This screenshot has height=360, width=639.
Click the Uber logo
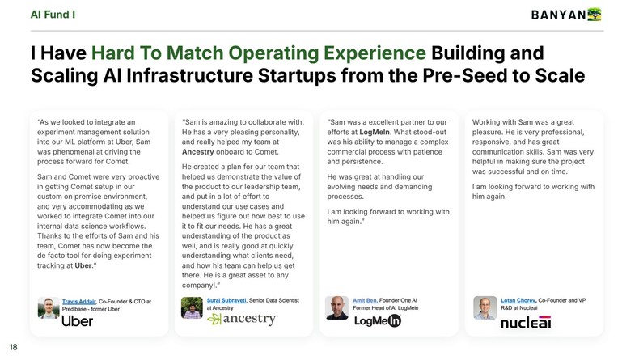[78, 321]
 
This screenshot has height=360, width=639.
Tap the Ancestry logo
[242, 320]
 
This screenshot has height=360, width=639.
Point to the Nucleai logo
[525, 322]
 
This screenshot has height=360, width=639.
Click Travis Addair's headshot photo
[49, 307]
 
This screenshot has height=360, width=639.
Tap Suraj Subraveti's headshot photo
[193, 307]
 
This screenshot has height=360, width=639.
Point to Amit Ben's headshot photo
[337, 307]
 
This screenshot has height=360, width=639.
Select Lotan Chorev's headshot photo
[484, 307]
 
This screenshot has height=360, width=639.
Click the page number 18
[14, 346]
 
